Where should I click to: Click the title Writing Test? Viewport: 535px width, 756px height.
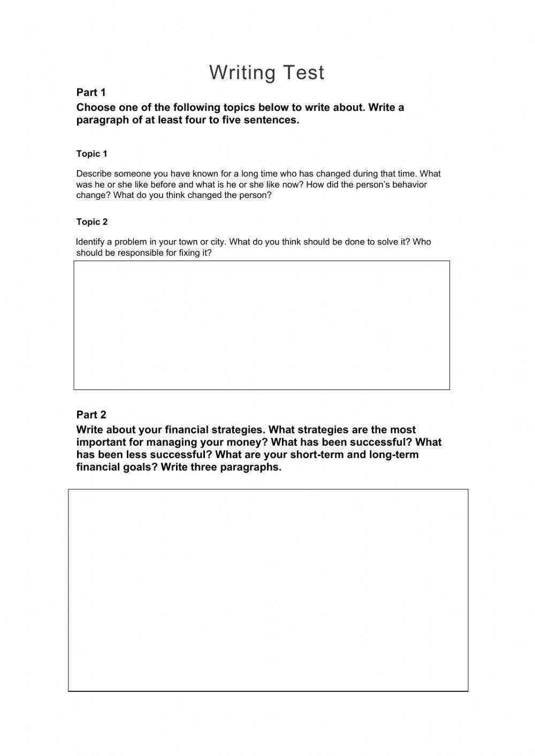[266, 73]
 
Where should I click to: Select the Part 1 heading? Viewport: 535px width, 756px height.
[91, 92]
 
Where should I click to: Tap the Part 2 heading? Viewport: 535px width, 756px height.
[91, 415]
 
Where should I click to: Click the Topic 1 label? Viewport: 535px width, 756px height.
[91, 154]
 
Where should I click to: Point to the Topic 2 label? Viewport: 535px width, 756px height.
[91, 222]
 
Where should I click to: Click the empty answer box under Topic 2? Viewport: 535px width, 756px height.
[262, 325]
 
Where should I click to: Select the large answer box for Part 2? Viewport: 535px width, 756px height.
[268, 590]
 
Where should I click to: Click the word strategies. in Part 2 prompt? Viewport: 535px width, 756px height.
[238, 430]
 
